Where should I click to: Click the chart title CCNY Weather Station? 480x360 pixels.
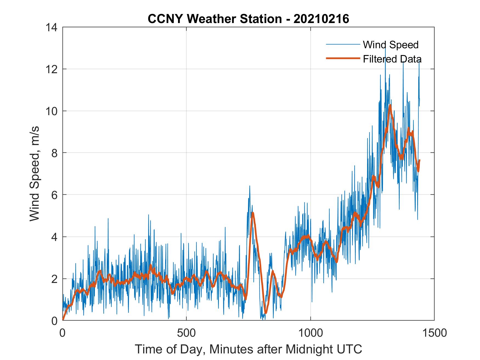click(214, 19)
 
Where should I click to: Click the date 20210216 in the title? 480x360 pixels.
click(321, 19)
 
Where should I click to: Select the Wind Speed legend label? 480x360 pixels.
click(391, 45)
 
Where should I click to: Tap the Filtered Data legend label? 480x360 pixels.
click(392, 59)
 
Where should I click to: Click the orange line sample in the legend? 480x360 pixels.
click(343, 58)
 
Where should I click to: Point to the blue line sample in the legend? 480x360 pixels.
click(343, 44)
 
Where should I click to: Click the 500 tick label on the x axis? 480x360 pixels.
click(187, 333)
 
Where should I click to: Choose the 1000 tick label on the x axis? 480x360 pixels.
click(310, 333)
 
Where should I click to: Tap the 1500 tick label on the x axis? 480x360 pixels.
click(434, 333)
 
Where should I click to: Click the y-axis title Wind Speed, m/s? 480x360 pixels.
click(35, 174)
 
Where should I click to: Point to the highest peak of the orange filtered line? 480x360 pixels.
click(390, 105)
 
